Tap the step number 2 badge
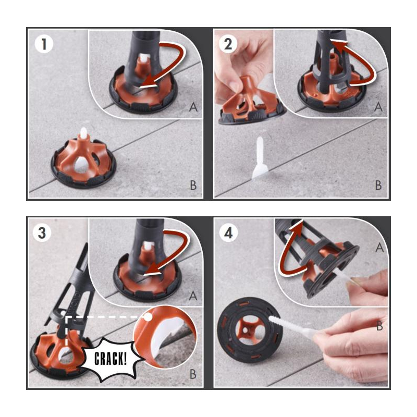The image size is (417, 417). tap(228, 44)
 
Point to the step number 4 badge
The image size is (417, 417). tap(228, 233)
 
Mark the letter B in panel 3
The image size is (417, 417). tap(193, 374)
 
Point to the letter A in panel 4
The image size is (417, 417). tap(379, 248)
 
